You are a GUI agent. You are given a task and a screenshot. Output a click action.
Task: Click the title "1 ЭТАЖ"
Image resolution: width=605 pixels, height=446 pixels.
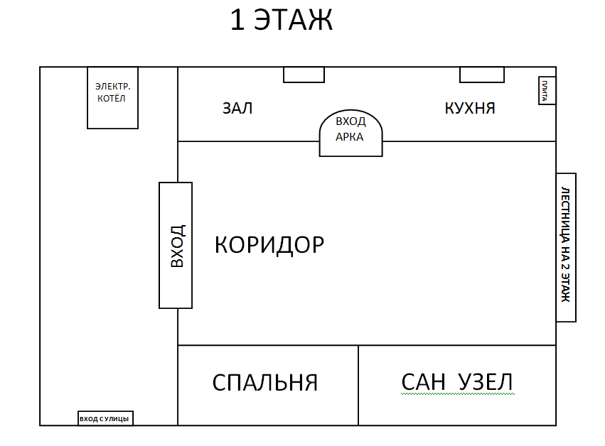pyautogui.click(x=281, y=21)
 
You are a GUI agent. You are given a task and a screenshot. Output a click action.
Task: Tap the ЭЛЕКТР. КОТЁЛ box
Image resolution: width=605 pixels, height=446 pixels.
pyautogui.click(x=112, y=98)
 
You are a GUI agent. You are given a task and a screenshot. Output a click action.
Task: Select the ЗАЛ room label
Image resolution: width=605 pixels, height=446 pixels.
pyautogui.click(x=237, y=109)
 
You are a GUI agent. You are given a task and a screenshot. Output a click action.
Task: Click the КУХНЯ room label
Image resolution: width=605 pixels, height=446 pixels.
pyautogui.click(x=470, y=109)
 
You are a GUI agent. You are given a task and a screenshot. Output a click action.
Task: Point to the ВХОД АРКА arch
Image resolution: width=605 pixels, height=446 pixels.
pyautogui.click(x=350, y=133)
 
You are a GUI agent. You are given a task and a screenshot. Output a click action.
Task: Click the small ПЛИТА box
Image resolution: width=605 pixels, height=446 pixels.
pyautogui.click(x=546, y=90)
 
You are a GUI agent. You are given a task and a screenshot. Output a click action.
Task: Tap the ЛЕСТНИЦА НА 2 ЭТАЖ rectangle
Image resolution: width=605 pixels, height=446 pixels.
pyautogui.click(x=565, y=247)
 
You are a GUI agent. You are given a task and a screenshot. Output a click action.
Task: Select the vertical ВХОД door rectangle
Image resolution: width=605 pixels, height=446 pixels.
pyautogui.click(x=176, y=245)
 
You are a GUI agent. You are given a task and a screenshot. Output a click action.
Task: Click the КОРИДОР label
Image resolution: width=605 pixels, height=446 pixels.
pyautogui.click(x=269, y=245)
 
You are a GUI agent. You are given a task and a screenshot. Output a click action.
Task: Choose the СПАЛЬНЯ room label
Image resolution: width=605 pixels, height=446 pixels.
pyautogui.click(x=265, y=383)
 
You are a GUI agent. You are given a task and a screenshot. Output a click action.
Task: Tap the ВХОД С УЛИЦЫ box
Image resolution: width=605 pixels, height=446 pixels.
pyautogui.click(x=105, y=418)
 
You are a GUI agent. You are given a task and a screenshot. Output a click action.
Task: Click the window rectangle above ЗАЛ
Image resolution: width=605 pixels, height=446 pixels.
pyautogui.click(x=304, y=75)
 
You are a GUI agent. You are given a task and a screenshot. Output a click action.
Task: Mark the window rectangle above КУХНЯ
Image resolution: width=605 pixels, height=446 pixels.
pyautogui.click(x=481, y=75)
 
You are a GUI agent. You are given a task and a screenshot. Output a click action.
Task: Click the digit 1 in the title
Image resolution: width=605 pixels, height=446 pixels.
pyautogui.click(x=237, y=21)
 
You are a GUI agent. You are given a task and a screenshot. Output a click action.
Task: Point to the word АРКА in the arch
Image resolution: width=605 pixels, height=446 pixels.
pyautogui.click(x=350, y=137)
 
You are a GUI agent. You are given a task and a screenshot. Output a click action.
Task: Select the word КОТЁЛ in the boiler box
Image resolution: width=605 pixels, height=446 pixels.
pyautogui.click(x=112, y=99)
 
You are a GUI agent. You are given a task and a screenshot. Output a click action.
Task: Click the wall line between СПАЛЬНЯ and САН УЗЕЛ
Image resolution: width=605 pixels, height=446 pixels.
pyautogui.click(x=358, y=385)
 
